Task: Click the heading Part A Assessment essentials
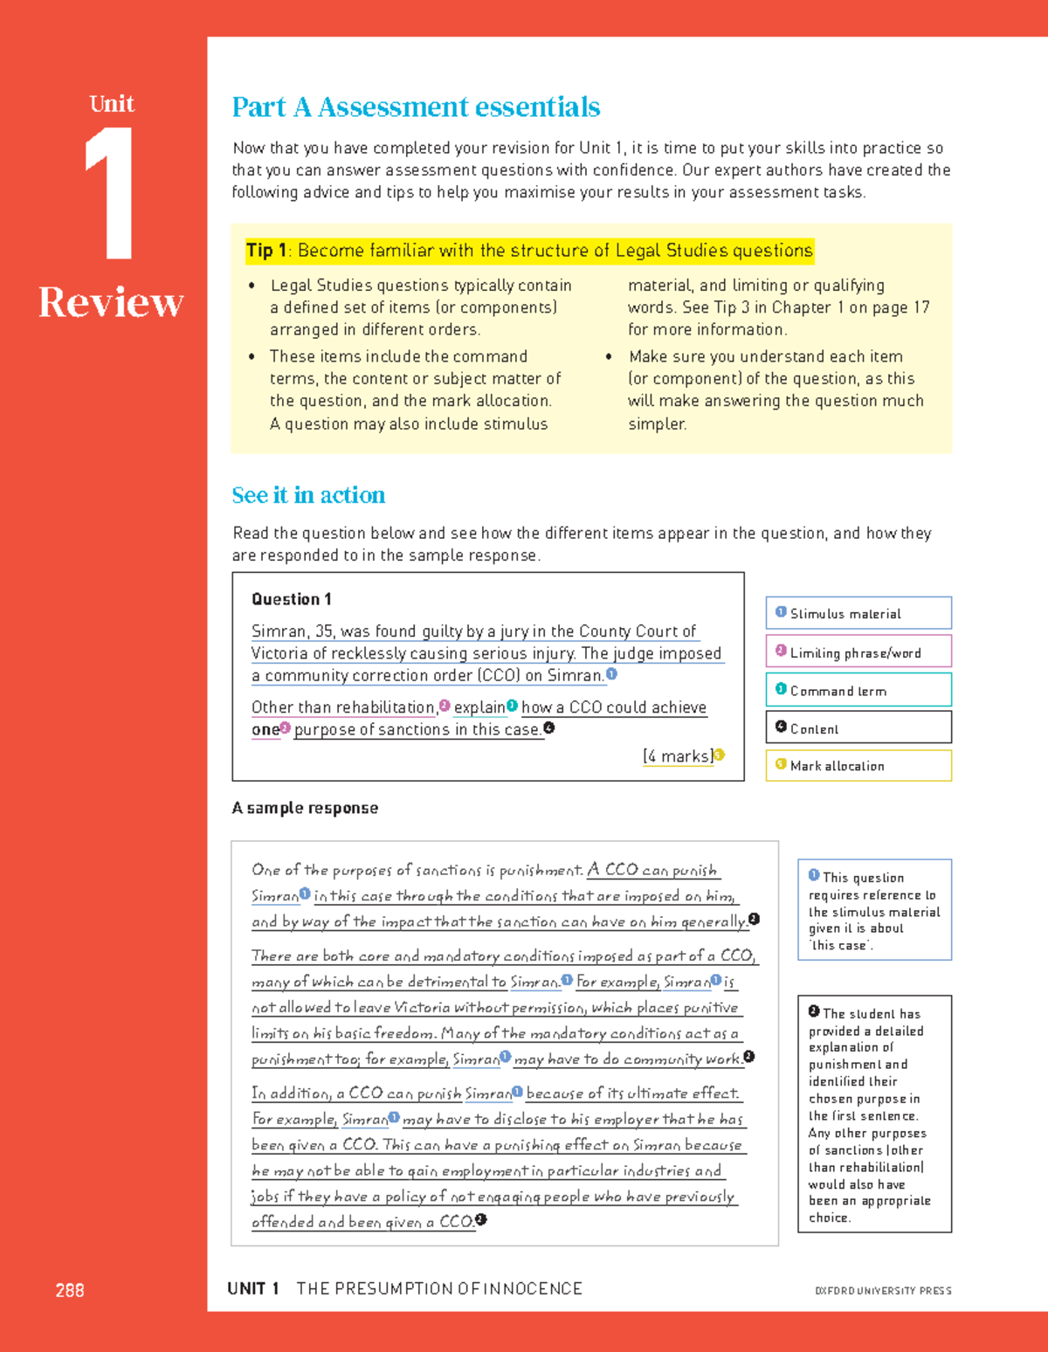[416, 107]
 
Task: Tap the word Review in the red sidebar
[111, 303]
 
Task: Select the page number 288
[70, 1290]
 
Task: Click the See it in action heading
[308, 495]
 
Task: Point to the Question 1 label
[292, 599]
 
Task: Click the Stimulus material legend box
[858, 613]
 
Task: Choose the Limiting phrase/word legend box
[858, 652]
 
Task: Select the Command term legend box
[858, 690]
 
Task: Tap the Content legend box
[858, 728]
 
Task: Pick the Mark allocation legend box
[858, 765]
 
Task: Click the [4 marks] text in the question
[678, 756]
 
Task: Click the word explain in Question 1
[479, 707]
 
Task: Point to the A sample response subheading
[305, 808]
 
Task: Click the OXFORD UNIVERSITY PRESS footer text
[883, 1290]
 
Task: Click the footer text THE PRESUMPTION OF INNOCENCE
[439, 1289]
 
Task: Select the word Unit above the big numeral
[112, 104]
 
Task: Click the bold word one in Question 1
[265, 729]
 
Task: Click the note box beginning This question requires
[874, 910]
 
